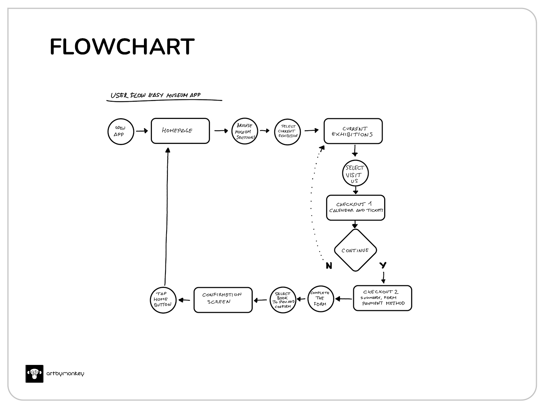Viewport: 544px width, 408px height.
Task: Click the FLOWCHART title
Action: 122,47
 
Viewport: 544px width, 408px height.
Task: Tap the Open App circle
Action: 121,131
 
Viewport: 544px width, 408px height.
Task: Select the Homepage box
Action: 180,131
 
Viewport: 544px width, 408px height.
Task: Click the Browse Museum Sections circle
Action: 244,131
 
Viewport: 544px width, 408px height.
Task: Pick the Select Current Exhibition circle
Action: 287,131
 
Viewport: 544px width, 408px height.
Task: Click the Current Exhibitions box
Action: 353,131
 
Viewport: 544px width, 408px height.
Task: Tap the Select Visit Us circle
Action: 355,174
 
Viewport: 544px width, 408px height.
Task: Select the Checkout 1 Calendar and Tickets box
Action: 355,207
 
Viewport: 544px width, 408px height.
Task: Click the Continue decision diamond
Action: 355,250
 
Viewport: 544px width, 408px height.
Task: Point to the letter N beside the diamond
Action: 329,266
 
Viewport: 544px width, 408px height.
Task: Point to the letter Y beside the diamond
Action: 383,265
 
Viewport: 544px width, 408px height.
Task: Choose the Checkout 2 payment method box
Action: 382,298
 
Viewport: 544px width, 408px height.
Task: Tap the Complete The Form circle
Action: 320,298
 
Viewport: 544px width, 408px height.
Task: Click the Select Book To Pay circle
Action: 283,300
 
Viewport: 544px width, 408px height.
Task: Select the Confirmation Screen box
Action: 223,300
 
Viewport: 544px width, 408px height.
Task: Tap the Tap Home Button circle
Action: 163,300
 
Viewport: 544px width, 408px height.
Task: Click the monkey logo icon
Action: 34,374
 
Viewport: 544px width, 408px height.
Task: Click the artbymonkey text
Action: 65,374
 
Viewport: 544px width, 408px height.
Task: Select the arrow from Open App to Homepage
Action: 142,131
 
